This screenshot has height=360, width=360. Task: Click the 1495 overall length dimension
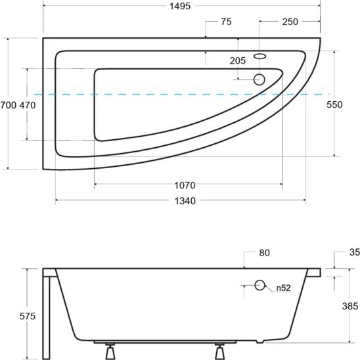(180, 6)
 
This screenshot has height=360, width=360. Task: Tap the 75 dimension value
(226, 22)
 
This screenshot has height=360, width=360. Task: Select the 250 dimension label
(290, 22)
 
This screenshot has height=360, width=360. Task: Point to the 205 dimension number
(238, 60)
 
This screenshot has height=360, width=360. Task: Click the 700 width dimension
(9, 105)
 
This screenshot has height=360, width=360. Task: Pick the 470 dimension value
(28, 105)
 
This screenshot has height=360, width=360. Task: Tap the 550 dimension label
(334, 104)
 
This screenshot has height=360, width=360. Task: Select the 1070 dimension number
(185, 185)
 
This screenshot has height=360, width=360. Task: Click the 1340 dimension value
(185, 201)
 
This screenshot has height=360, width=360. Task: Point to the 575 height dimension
(28, 317)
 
